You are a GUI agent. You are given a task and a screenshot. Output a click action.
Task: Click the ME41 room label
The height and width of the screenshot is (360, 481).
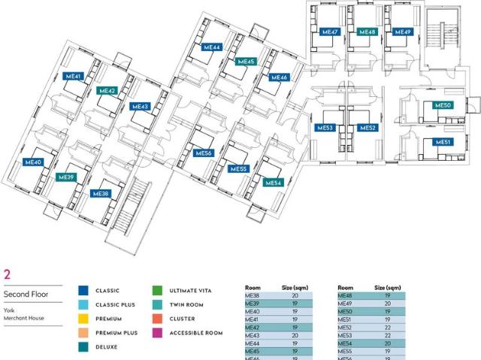point(73,76)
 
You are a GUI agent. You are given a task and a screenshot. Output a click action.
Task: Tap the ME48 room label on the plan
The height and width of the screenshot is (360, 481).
point(368,32)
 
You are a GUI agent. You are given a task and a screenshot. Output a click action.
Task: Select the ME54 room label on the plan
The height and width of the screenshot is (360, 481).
point(273,183)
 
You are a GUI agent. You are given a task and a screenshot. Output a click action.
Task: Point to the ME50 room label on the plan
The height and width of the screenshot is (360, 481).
point(443,105)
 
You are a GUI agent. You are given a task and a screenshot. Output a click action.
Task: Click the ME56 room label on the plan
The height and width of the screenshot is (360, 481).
point(204,153)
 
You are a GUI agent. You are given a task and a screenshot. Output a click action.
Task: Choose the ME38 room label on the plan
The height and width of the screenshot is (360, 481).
point(101,193)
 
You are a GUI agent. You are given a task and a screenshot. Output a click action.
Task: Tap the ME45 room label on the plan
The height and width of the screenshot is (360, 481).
point(246,62)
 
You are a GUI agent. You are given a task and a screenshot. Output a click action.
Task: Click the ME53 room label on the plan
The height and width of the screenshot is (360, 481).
point(325,128)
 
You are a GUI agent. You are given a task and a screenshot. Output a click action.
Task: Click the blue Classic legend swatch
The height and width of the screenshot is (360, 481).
point(83,290)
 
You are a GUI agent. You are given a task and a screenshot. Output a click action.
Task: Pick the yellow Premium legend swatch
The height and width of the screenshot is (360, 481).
point(83,319)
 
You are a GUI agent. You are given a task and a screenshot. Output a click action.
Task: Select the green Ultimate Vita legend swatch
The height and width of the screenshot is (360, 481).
point(157,290)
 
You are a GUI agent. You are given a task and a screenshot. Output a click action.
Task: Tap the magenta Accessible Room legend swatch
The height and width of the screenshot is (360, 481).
point(157,333)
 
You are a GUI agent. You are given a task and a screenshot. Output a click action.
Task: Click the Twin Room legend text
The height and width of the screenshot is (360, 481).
point(186,305)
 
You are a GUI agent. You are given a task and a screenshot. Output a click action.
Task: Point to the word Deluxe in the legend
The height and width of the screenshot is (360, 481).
point(107,347)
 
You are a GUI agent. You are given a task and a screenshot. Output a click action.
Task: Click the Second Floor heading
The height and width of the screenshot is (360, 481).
point(26,294)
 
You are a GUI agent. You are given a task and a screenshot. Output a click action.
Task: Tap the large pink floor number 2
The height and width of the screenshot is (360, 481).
point(7,274)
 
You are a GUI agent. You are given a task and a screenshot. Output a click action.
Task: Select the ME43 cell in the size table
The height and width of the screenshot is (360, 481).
point(253,335)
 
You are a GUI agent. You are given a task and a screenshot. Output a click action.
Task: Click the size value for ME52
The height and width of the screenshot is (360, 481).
point(388,328)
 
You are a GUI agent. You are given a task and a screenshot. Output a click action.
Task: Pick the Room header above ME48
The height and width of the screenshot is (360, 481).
point(346,288)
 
